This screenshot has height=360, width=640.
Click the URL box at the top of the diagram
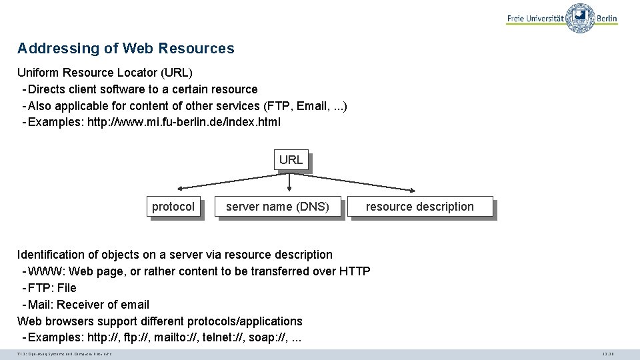point(291,160)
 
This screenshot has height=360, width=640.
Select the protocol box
point(173,207)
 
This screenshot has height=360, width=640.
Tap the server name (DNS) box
point(277,207)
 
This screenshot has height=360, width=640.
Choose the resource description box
point(420,207)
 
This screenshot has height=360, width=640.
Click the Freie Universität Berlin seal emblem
point(580,17)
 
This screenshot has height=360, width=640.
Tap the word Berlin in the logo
point(607,19)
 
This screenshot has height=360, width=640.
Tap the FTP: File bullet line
point(52,288)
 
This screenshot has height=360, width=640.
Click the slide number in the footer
point(607,354)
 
